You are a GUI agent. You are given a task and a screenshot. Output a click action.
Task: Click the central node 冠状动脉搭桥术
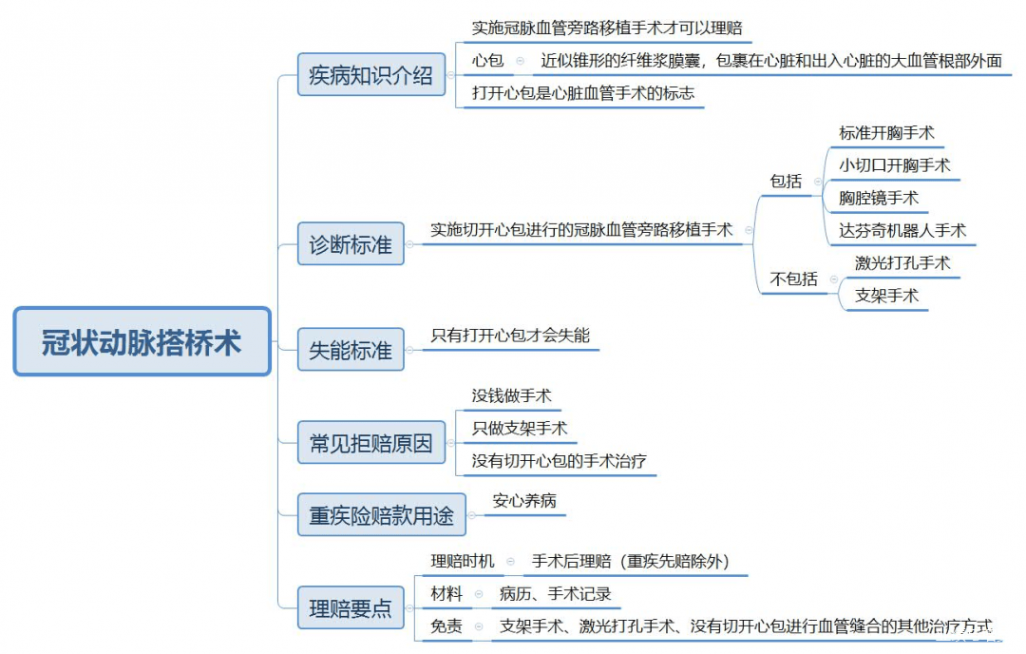pyautogui.click(x=142, y=341)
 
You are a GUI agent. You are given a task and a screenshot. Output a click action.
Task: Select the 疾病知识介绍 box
pyautogui.click(x=371, y=75)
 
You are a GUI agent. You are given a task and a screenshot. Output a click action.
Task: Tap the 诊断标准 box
pyautogui.click(x=351, y=243)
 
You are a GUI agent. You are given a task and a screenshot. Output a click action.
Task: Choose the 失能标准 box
pyautogui.click(x=351, y=350)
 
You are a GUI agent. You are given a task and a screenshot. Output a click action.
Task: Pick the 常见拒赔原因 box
pyautogui.click(x=371, y=443)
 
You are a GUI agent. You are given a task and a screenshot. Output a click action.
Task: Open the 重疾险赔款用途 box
pyautogui.click(x=382, y=514)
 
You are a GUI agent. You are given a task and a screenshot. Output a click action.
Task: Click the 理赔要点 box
pyautogui.click(x=351, y=607)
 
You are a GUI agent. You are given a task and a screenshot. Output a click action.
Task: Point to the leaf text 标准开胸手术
pyautogui.click(x=886, y=133)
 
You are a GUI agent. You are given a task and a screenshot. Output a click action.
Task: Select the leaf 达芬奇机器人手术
pyautogui.click(x=902, y=230)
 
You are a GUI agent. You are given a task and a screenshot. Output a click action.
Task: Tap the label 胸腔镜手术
pyautogui.click(x=879, y=198)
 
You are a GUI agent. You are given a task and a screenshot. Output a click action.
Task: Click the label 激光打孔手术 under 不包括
pyautogui.click(x=902, y=263)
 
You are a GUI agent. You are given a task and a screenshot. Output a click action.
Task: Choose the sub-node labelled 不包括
pyautogui.click(x=793, y=279)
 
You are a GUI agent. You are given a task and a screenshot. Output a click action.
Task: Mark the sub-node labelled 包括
pyautogui.click(x=786, y=182)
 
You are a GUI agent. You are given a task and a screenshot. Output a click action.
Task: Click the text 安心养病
pyautogui.click(x=524, y=501)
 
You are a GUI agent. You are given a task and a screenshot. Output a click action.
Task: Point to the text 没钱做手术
pyautogui.click(x=512, y=395)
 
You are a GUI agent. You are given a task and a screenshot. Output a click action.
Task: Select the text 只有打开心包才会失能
pyautogui.click(x=510, y=336)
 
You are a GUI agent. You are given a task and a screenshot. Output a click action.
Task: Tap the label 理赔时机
pyautogui.click(x=463, y=561)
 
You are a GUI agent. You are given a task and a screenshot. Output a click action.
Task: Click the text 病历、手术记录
pyautogui.click(x=555, y=594)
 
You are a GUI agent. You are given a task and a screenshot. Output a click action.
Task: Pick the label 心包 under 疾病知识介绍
pyautogui.click(x=487, y=61)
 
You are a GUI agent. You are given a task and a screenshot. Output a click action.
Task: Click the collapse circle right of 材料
pyautogui.click(x=479, y=594)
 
